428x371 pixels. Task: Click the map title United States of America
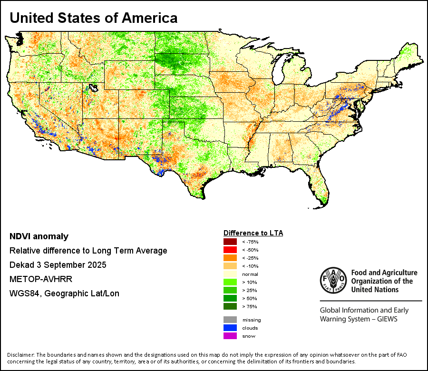click(94, 18)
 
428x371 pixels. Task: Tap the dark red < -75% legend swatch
click(230, 242)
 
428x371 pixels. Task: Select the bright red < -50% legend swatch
click(230, 250)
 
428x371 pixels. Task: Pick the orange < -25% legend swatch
click(230, 258)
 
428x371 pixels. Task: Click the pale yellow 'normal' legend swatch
click(230, 274)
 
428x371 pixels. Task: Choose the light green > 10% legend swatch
click(230, 282)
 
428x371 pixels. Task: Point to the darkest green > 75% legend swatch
click(230, 306)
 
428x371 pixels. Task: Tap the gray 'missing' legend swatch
click(230, 320)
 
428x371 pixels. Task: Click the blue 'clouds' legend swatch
click(230, 328)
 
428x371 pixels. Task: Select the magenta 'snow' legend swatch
click(230, 336)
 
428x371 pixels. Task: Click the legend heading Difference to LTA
click(253, 233)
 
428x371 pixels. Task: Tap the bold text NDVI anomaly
click(39, 236)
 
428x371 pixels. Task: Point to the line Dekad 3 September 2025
click(58, 265)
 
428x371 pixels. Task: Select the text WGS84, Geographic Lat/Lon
click(64, 293)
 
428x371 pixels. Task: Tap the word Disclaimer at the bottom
click(20, 355)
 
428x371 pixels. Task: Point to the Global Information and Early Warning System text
click(364, 314)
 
